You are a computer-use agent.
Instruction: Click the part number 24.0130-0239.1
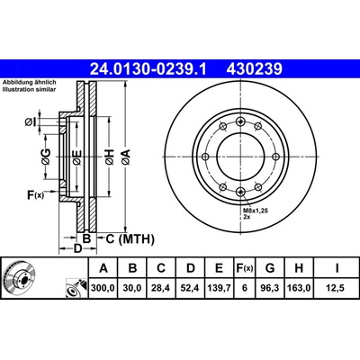(x=148, y=69)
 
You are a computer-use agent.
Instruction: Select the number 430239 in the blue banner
(x=255, y=69)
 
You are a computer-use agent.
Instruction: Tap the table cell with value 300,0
(x=103, y=288)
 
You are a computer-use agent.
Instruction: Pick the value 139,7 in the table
(x=219, y=288)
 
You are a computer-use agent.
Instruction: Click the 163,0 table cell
(x=299, y=288)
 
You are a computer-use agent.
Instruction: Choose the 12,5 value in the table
(x=337, y=288)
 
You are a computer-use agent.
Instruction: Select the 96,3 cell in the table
(x=270, y=288)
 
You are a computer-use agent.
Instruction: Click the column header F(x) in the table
(x=244, y=268)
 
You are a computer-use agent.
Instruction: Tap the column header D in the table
(x=191, y=268)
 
